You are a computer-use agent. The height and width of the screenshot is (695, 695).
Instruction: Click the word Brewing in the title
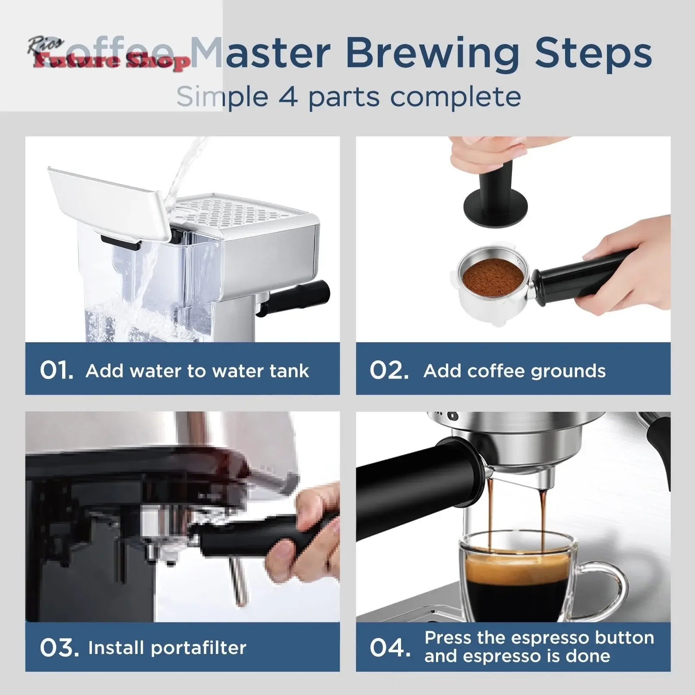point(433,54)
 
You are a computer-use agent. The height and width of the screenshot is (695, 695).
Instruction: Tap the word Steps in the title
point(594,54)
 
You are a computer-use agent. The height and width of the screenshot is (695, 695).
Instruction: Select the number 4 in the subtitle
point(288,97)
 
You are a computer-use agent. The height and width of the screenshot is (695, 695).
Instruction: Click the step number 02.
point(389,370)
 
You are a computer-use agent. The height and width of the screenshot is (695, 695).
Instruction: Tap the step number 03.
point(59,648)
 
